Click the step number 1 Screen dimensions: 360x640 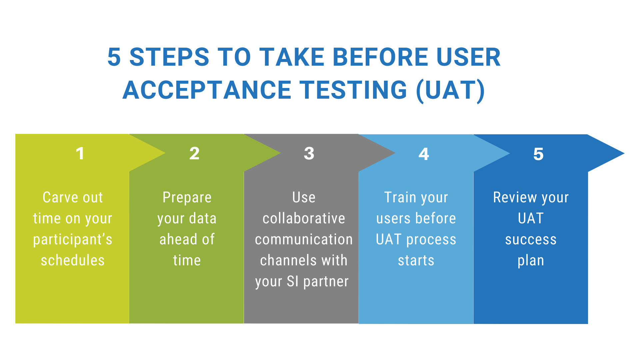tap(80, 154)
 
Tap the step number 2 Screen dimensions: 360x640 tap(194, 154)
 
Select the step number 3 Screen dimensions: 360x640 tap(309, 154)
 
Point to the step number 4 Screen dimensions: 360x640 tap(424, 154)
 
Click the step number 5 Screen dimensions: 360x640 tap(538, 154)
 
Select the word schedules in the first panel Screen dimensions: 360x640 tap(73, 260)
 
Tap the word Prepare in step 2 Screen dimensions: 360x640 tap(187, 198)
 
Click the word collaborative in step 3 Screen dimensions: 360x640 tap(304, 218)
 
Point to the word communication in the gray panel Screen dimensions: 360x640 tap(304, 239)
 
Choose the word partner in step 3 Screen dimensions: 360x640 tap(326, 282)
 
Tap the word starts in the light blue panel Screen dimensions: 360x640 tap(416, 260)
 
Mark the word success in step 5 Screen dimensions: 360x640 tap(531, 239)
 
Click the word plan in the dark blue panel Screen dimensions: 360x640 tap(531, 261)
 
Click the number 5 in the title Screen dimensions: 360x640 tap(114, 57)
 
